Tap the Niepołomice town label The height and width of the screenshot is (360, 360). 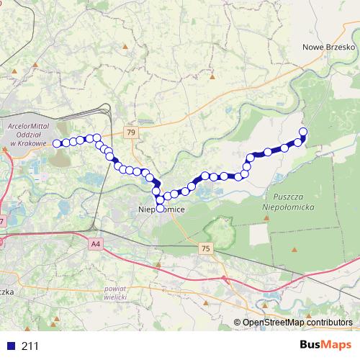(x=161, y=209)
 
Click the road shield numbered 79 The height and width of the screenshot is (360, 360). (x=130, y=132)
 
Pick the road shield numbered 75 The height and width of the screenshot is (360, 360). (x=207, y=248)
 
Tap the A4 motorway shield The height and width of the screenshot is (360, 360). (x=96, y=245)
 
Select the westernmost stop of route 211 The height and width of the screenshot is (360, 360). (x=57, y=143)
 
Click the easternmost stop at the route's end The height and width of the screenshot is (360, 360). (x=303, y=131)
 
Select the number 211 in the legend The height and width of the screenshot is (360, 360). (x=30, y=346)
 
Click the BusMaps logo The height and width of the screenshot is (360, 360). (x=325, y=346)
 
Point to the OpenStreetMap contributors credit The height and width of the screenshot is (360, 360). (x=297, y=323)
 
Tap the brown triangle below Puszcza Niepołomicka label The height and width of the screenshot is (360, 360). (x=294, y=248)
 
